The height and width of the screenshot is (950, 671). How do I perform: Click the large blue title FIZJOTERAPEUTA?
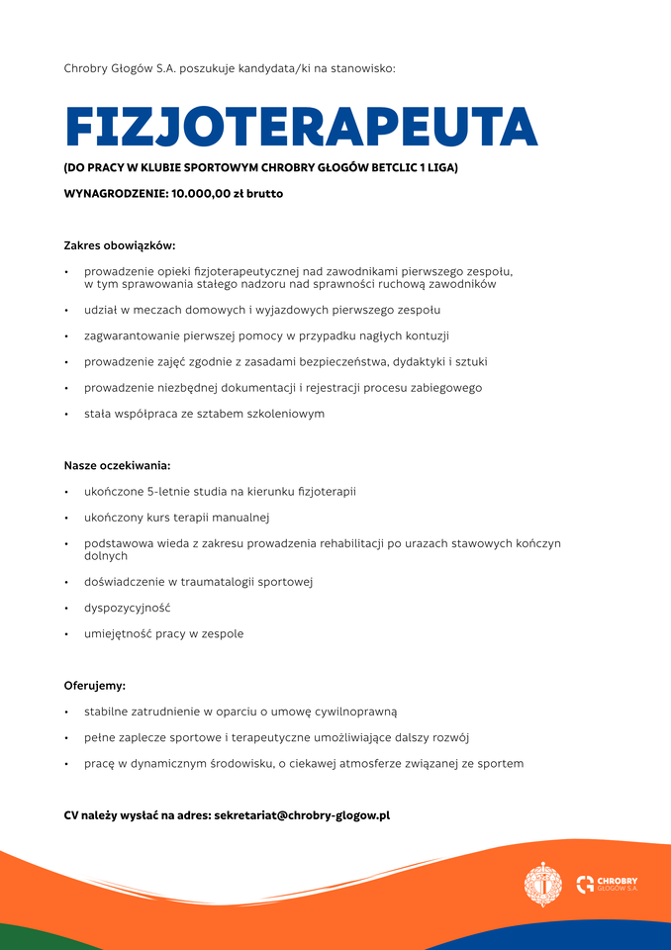301,127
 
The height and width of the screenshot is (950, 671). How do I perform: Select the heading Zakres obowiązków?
120,245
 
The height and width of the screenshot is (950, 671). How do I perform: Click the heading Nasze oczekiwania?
118,465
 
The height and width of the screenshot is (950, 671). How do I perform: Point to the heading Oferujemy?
95,685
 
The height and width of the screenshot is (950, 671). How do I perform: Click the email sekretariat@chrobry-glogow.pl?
302,815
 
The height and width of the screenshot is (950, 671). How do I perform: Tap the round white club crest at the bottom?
542,884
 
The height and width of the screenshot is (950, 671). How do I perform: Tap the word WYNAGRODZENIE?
115,194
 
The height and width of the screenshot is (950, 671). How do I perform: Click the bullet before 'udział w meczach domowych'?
66,311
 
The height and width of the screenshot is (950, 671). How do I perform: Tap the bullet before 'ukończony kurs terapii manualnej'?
66,518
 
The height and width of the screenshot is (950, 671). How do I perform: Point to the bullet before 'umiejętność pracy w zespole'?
66,634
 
